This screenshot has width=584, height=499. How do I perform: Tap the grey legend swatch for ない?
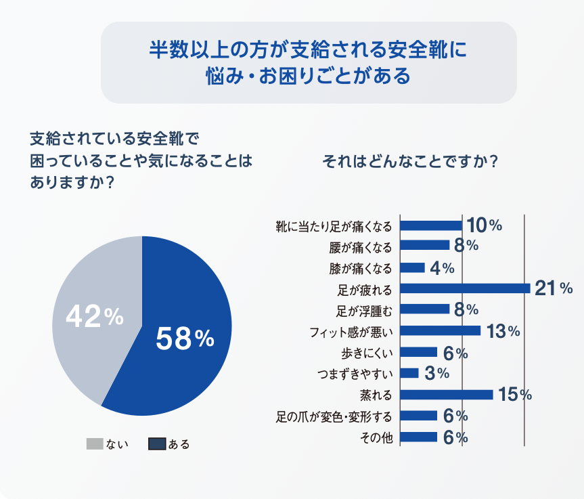tap(95, 444)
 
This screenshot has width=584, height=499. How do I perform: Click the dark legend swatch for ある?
tap(156, 444)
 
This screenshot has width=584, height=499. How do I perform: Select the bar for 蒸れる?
tap(447, 394)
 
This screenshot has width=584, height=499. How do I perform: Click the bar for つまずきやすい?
tap(409, 373)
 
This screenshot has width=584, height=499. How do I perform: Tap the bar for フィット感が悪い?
tap(441, 330)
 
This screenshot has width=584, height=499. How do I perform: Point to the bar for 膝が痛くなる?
tap(413, 267)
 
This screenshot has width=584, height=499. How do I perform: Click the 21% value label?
tap(554, 288)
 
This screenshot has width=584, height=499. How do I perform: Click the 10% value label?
tap(484, 225)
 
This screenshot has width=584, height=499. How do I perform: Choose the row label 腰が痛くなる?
tap(363, 246)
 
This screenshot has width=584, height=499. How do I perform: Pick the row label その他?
tap(378, 437)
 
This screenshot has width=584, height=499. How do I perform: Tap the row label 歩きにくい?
tap(367, 352)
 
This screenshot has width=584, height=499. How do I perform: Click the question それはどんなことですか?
tap(411, 162)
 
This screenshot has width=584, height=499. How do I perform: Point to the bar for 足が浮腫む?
tap(425, 309)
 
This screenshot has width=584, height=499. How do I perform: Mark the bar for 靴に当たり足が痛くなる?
tap(431, 225)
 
